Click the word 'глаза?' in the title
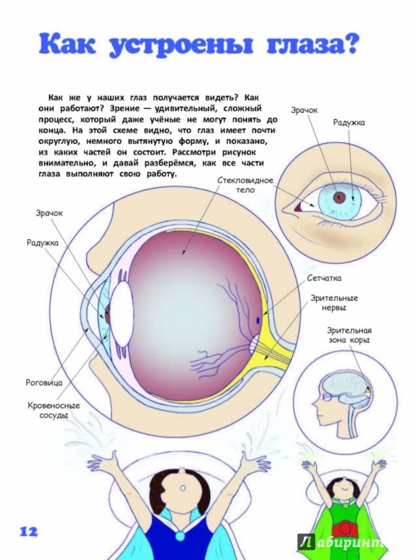(312, 44)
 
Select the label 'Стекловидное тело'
(245, 185)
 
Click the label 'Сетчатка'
(324, 278)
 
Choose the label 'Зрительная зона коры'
(349, 335)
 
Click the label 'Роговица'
(44, 382)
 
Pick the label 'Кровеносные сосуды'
(54, 410)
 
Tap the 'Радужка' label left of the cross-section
(42, 243)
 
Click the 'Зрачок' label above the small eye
(304, 110)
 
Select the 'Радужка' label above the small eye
(349, 122)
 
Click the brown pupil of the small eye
(339, 197)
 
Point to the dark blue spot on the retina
(257, 320)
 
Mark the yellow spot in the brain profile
(367, 390)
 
